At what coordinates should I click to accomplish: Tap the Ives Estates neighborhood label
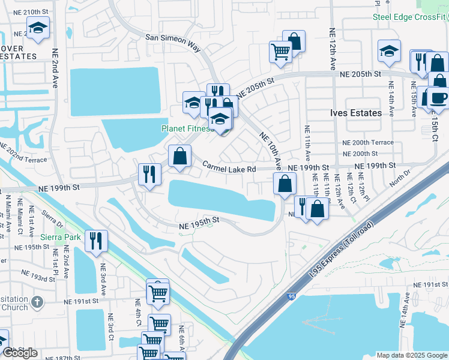point(356,113)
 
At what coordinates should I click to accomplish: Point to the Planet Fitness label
point(187,128)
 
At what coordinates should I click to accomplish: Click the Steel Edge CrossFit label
point(411,17)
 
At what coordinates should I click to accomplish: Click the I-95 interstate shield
point(291,296)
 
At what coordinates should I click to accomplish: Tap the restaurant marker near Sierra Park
point(96,241)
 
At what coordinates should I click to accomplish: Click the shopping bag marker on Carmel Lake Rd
point(179,156)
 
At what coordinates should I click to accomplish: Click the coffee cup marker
point(437,98)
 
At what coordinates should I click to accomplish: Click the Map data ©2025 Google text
point(411,355)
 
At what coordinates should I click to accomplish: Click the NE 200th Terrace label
point(368,143)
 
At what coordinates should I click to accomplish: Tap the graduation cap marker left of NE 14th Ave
point(390,52)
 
